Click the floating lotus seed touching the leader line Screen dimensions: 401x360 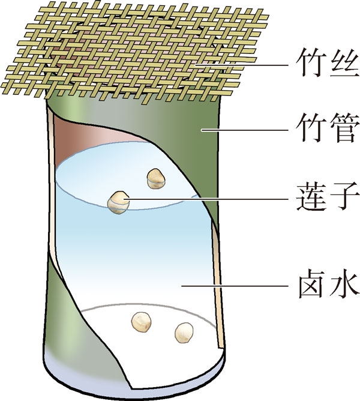(118, 202)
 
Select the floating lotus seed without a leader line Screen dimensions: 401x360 (155, 177)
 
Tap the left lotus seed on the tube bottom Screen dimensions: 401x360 (142, 322)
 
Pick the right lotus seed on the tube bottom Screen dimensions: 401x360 (185, 331)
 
